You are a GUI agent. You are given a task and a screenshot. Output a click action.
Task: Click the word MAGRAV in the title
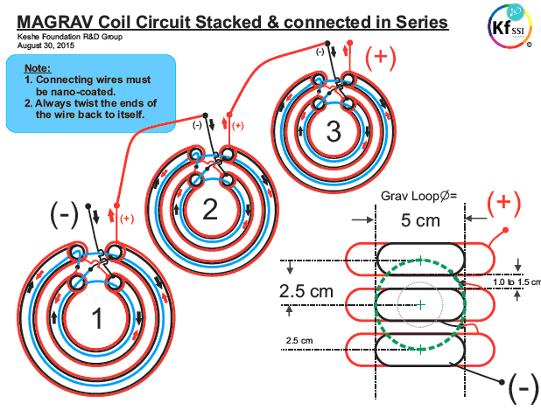[55, 22]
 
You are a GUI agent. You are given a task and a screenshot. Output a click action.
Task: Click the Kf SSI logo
[510, 26]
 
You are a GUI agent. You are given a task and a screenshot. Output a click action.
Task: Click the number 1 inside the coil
[97, 318]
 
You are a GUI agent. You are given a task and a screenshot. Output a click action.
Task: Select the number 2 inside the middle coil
[210, 209]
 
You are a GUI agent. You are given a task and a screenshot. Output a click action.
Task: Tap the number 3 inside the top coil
[334, 132]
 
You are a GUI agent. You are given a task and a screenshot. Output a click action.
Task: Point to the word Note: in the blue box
[38, 68]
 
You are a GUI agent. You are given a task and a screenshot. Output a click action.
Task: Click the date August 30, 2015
[46, 45]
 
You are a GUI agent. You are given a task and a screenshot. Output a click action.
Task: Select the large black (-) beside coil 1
[65, 215]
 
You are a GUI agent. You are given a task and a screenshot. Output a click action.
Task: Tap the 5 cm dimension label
[420, 220]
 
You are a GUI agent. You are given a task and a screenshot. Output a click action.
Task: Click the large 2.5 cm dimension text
[306, 291]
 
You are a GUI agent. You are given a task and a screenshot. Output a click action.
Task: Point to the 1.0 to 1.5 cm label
[516, 281]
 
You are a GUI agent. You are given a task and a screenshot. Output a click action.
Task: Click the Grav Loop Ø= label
[418, 196]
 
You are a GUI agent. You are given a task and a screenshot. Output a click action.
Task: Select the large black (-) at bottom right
[523, 388]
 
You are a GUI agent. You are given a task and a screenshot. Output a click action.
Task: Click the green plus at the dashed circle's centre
[420, 305]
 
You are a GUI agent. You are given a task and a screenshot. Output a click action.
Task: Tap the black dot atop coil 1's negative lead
[88, 206]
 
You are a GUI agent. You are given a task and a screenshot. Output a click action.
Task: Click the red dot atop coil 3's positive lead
[350, 43]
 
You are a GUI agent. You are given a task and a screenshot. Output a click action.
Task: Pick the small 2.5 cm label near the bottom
[299, 341]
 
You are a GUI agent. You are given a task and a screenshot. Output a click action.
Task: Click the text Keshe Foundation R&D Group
[70, 37]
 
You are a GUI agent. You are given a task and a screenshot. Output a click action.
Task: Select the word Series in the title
[422, 22]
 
